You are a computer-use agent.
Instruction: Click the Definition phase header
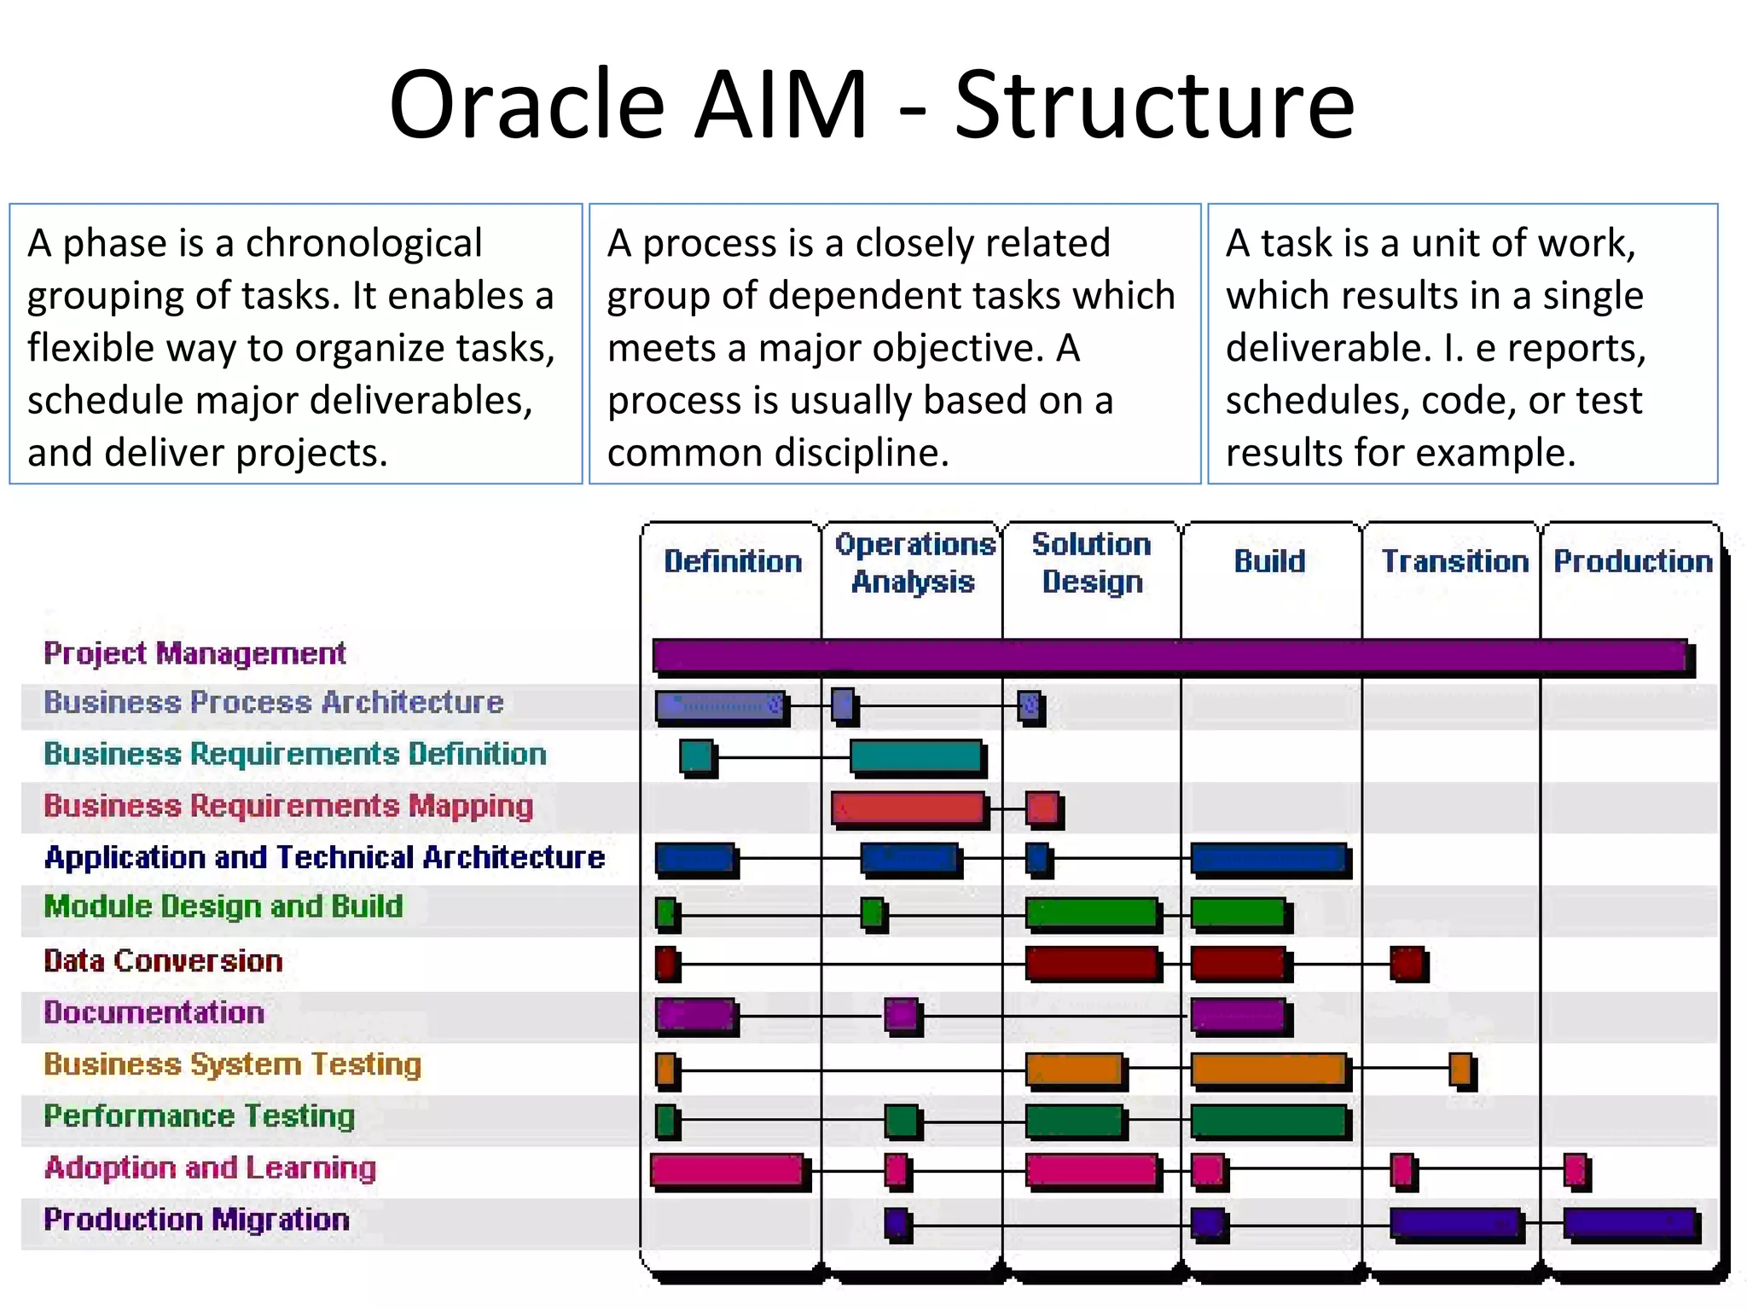click(x=733, y=561)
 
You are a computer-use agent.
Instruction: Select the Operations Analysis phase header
click(x=914, y=563)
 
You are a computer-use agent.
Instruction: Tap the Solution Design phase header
click(x=1092, y=563)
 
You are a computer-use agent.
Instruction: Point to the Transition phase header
click(x=1454, y=561)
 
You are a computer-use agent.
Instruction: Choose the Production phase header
click(x=1633, y=561)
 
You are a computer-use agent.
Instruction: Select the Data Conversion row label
click(x=163, y=961)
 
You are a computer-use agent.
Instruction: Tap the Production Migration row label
click(x=196, y=1220)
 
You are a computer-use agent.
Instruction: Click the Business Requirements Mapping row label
click(x=288, y=806)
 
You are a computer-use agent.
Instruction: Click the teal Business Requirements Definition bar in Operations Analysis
click(x=916, y=756)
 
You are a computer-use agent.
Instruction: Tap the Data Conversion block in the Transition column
click(x=1407, y=964)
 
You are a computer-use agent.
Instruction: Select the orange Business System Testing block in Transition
click(x=1460, y=1069)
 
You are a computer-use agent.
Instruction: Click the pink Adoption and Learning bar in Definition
click(x=728, y=1171)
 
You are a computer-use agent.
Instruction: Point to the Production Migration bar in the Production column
click(x=1629, y=1224)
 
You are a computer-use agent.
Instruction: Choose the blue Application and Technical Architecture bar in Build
click(x=1269, y=859)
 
